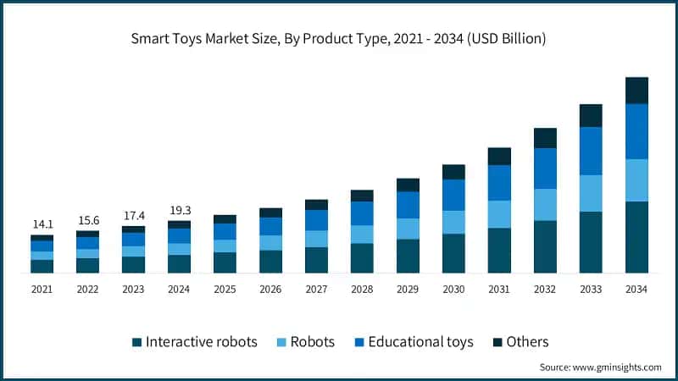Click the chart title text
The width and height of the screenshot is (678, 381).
coord(339,39)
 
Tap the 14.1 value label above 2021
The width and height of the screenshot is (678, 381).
coord(42,224)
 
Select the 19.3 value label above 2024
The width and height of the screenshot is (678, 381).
coord(179,209)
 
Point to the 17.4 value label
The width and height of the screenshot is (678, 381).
coord(133,215)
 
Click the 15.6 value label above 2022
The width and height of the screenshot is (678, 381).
coord(87,220)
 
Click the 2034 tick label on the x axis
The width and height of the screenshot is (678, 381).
coord(636,290)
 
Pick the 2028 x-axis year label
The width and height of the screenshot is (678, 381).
coord(362,290)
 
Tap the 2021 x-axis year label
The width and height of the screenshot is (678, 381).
coord(42,290)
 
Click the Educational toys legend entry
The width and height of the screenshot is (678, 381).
coord(413,342)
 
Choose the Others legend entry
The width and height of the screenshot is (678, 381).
coord(520,342)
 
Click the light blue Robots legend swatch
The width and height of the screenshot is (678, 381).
coord(282,343)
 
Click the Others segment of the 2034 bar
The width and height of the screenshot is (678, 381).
coord(636,91)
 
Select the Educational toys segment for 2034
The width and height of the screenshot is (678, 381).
coord(636,131)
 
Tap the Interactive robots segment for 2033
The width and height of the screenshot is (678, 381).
coord(591,242)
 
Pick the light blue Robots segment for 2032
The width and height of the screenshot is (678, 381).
coord(545,204)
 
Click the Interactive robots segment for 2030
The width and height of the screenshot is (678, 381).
coord(453,253)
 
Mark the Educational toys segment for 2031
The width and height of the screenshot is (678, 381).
coord(499,182)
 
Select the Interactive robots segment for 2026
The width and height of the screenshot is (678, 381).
coord(270,262)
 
